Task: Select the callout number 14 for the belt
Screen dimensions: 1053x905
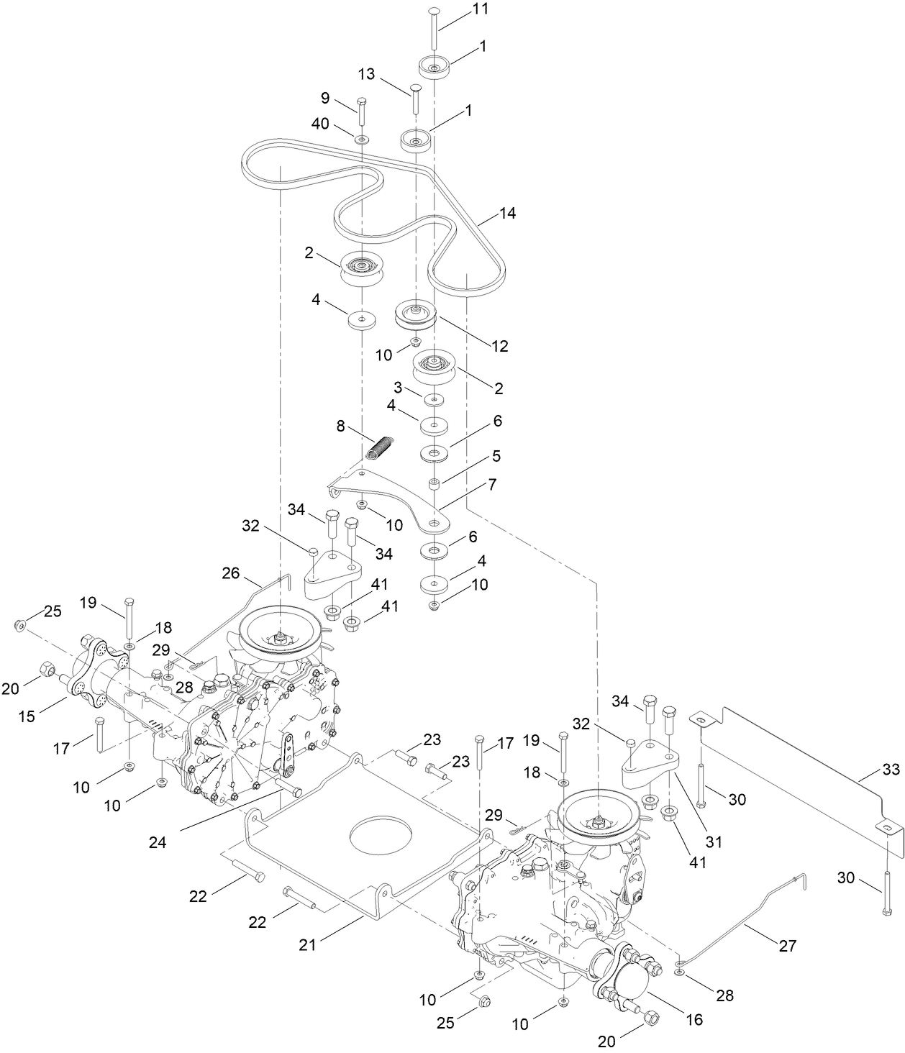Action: pyautogui.click(x=507, y=214)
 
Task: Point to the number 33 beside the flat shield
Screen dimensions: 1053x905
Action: pyautogui.click(x=890, y=770)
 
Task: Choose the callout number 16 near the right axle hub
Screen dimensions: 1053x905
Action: pyautogui.click(x=694, y=1019)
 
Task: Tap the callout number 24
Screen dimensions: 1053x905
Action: pyautogui.click(x=157, y=843)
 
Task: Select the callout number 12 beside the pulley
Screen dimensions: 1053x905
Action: pyautogui.click(x=499, y=346)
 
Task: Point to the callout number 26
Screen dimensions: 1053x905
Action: pyautogui.click(x=230, y=573)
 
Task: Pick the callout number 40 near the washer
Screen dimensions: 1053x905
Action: pyautogui.click(x=320, y=124)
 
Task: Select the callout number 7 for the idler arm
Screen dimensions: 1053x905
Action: pyautogui.click(x=492, y=485)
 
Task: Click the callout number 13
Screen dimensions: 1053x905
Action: pyautogui.click(x=367, y=76)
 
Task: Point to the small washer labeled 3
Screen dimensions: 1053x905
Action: pyautogui.click(x=433, y=399)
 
